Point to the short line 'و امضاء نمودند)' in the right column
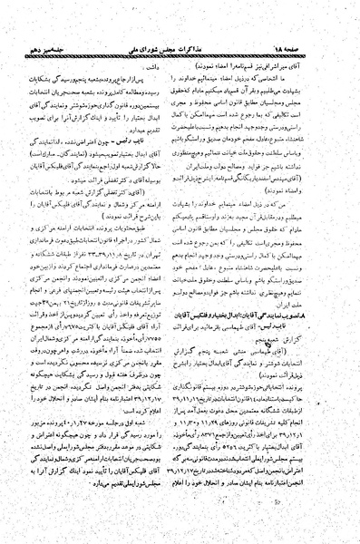click(x=300, y=199)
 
